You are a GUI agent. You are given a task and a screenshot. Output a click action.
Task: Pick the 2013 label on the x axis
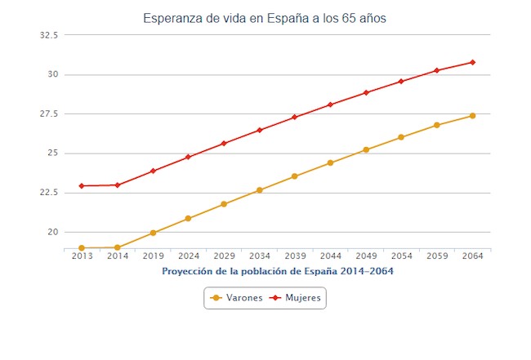pos(82,256)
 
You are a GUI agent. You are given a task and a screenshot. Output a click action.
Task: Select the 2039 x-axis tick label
pos(295,256)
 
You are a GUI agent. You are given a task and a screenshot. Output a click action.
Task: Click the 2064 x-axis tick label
pos(472,256)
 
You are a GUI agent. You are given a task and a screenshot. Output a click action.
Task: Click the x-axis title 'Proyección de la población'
pos(277,270)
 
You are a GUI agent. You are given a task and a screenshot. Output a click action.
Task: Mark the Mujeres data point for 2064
pos(472,62)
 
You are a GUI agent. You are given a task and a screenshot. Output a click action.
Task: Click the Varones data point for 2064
pos(472,116)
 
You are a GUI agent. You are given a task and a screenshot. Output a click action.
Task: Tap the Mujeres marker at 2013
pos(82,186)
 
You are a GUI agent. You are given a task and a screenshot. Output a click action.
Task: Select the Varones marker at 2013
pos(82,248)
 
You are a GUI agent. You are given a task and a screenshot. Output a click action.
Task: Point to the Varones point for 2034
pos(259,190)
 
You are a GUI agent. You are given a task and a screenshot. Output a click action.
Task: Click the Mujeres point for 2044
pos(330,104)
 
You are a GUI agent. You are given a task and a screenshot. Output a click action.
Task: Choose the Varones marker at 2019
pos(153,233)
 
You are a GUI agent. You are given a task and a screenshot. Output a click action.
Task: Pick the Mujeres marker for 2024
pos(188,157)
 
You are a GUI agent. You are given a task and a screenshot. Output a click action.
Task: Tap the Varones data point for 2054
pos(401,137)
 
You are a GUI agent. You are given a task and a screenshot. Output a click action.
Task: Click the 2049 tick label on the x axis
pos(366,256)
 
